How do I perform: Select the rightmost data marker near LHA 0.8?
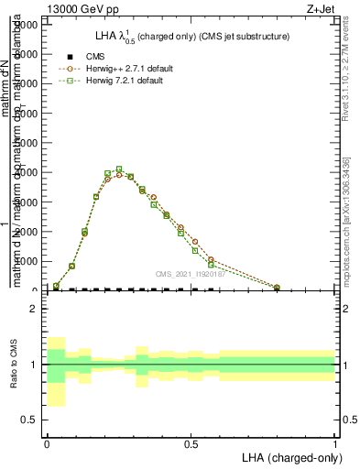pos(277,288)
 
